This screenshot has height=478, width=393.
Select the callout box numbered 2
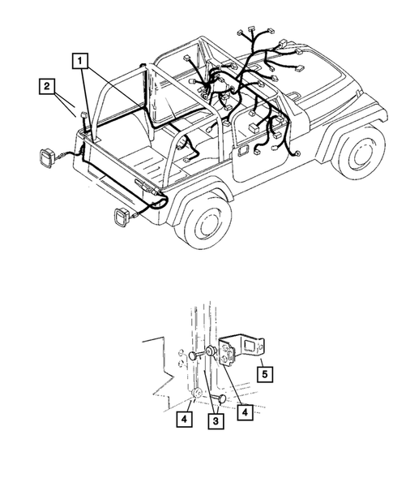point(48,84)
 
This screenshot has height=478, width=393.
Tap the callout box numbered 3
point(215,421)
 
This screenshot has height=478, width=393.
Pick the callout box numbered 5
point(263,374)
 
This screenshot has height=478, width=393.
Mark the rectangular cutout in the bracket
point(252,348)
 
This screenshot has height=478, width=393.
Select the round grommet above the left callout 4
point(198,395)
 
